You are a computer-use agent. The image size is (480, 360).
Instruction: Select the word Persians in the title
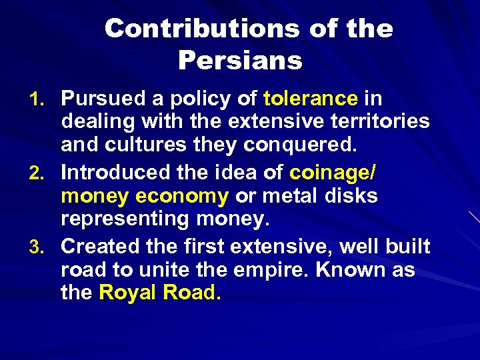[240, 61]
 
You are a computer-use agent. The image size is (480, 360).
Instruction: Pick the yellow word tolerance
[311, 99]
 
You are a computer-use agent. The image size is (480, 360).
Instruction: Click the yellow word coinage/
[333, 173]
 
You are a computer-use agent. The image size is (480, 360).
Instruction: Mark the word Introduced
[114, 173]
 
